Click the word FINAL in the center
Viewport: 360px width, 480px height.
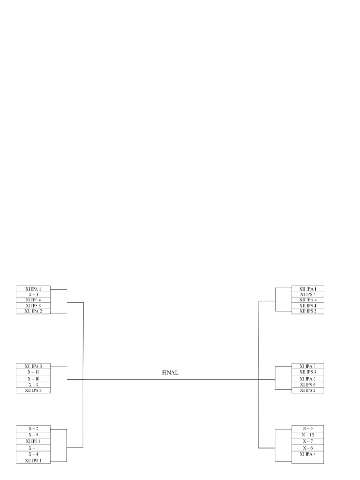click(170, 373)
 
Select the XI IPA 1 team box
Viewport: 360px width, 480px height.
click(33, 289)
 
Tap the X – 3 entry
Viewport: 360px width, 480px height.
click(33, 294)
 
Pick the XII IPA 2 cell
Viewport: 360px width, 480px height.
click(33, 311)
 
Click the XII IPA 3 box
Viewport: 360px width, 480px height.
click(33, 366)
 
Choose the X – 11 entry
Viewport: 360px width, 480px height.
click(33, 372)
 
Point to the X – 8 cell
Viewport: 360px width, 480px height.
click(33, 384)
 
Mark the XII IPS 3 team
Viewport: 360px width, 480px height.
click(33, 390)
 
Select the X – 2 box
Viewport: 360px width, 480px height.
click(33, 428)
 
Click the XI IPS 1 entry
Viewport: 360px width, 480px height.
click(33, 441)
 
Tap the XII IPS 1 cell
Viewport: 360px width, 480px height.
click(33, 460)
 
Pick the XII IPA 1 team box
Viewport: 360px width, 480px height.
click(307, 289)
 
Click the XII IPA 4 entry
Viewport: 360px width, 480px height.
click(307, 300)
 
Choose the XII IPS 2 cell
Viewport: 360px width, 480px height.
click(307, 311)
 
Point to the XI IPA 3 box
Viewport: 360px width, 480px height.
click(307, 366)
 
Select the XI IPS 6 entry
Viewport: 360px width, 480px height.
click(307, 384)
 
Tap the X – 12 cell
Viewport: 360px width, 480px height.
click(307, 435)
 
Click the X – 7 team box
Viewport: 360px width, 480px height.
click(307, 441)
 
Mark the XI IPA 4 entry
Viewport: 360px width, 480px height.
click(307, 454)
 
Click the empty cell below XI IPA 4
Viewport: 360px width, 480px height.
click(307, 460)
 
